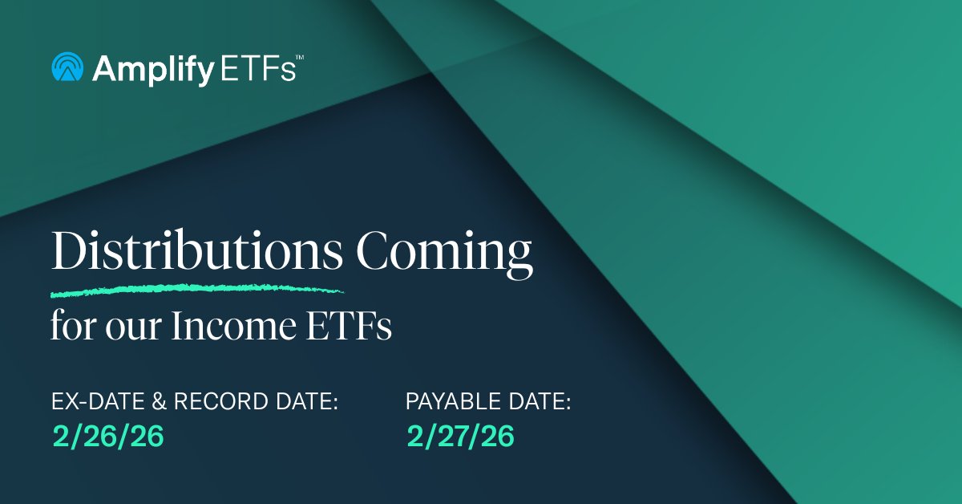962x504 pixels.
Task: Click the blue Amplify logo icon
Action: (68, 67)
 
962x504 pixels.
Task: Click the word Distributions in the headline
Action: (197, 253)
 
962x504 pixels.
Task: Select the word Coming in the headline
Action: (444, 253)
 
